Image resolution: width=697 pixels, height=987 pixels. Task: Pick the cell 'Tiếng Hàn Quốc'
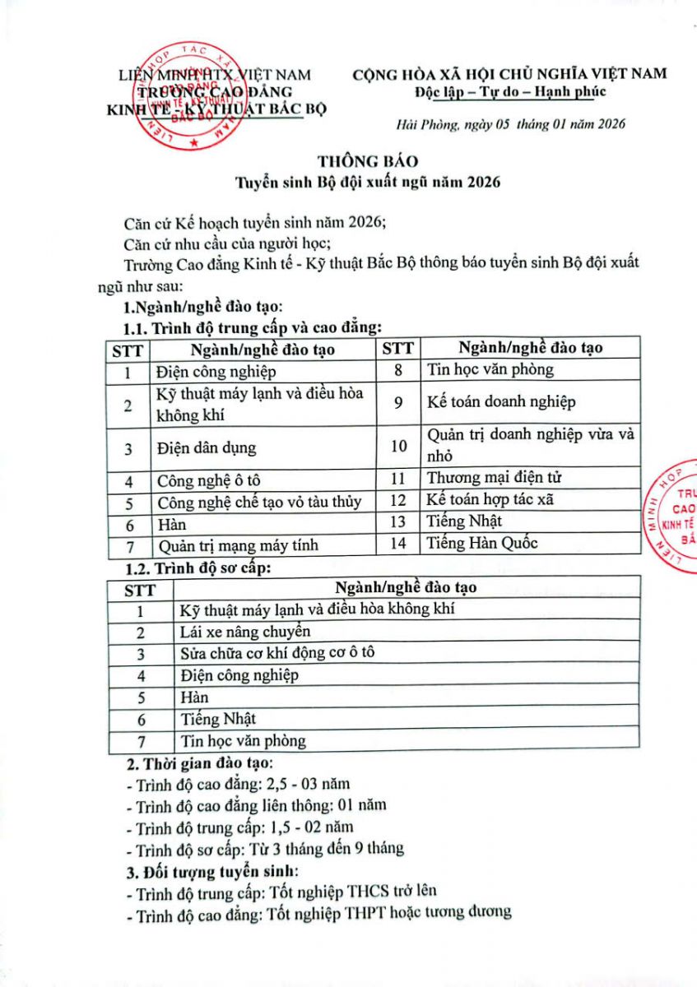point(482,543)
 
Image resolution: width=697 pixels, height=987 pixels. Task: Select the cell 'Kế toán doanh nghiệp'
point(501,402)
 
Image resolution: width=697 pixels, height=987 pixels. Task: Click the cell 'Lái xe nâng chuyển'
point(245,632)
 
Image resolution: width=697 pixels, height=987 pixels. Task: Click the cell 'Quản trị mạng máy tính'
point(238,544)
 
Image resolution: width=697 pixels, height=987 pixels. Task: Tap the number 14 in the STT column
point(398,544)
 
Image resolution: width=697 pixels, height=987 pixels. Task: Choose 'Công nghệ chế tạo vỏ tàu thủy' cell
point(259,502)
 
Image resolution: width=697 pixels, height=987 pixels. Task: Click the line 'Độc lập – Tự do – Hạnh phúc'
point(510,90)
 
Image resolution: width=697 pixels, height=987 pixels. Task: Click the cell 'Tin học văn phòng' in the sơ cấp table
point(243,741)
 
